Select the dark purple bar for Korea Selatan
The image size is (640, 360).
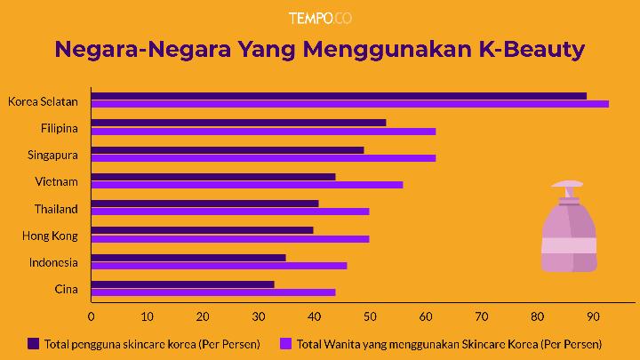click(x=339, y=96)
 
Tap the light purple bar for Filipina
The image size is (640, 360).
click(x=263, y=131)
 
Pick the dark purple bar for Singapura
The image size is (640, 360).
click(x=228, y=149)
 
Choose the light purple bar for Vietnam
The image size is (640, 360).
click(x=247, y=185)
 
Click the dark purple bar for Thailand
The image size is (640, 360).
click(x=204, y=204)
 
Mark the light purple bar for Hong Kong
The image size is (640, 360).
click(x=230, y=238)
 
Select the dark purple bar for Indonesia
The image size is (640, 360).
click(x=188, y=257)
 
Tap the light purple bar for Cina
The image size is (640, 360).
click(x=213, y=292)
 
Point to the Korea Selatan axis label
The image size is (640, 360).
click(x=43, y=100)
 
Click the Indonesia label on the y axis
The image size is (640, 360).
click(x=53, y=262)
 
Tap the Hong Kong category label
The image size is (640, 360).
click(x=50, y=236)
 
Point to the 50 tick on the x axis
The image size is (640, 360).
click(x=370, y=316)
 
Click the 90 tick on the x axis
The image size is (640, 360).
click(x=593, y=316)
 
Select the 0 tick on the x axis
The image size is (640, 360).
click(x=91, y=316)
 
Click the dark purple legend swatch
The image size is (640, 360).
click(x=34, y=343)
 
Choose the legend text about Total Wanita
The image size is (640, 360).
click(x=449, y=343)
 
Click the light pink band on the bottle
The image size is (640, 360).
click(x=569, y=246)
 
